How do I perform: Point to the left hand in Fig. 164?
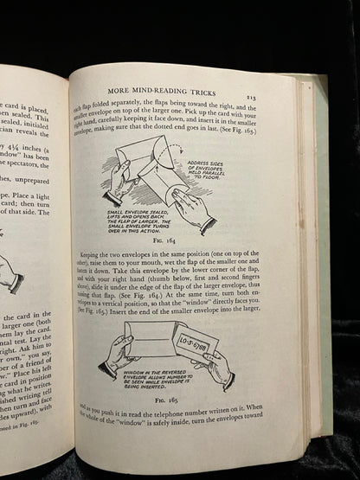pos(117,178)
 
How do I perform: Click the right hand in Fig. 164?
pos(192,211)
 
